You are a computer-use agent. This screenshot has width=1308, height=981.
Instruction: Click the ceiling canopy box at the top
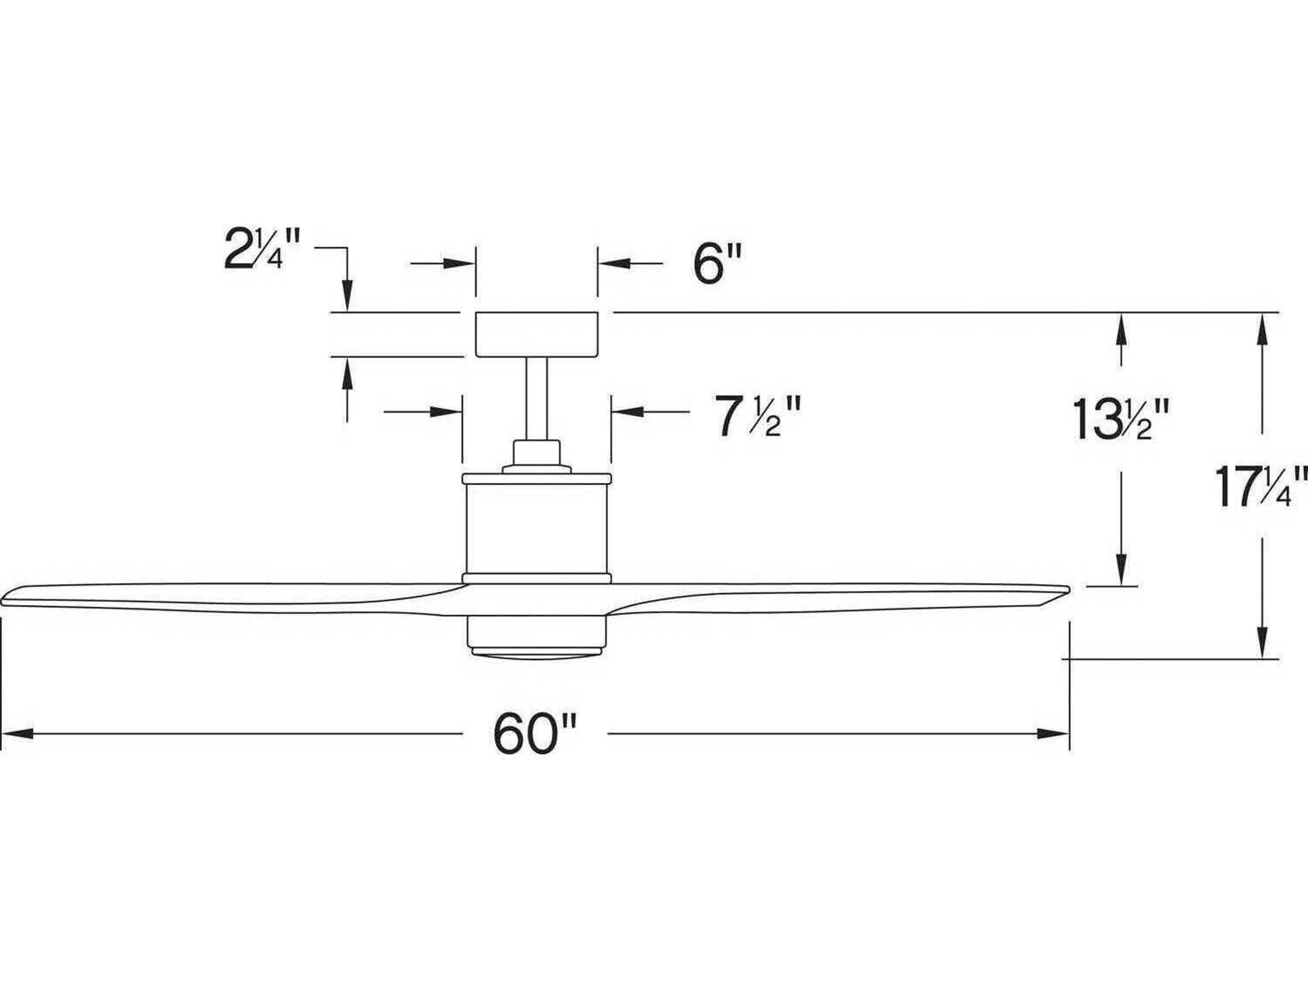(x=536, y=335)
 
